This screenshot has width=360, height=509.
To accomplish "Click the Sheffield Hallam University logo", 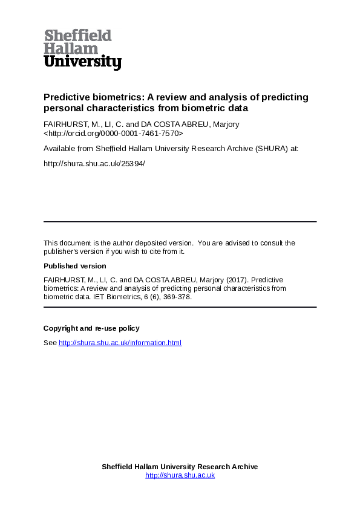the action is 82,49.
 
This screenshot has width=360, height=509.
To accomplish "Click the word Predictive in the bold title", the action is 64,97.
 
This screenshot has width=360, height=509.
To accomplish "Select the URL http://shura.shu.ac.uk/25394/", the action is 94,163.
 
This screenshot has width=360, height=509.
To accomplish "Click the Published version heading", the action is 74,266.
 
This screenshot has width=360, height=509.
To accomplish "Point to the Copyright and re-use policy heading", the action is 91,328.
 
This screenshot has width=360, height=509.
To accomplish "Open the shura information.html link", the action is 120,343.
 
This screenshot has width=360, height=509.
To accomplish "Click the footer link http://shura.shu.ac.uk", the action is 180,475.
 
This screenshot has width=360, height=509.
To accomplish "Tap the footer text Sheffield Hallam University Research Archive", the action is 180,467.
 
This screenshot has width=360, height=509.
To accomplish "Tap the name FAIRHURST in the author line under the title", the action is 64,125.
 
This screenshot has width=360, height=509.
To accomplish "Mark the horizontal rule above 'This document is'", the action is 180,222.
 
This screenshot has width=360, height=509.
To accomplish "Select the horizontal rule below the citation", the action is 180,307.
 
